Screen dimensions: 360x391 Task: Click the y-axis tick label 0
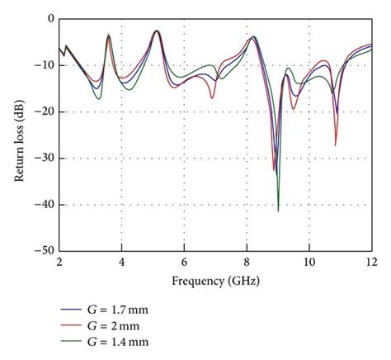pos(50,18)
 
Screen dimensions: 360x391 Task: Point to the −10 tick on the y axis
pos(45,64)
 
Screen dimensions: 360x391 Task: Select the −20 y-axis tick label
pos(45,111)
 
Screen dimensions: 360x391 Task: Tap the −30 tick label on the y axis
pos(45,158)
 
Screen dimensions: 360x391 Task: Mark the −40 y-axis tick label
pos(45,204)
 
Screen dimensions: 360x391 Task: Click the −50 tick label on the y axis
pos(45,250)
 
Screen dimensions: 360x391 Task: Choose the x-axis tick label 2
pos(59,262)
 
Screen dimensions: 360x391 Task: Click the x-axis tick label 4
pos(121,262)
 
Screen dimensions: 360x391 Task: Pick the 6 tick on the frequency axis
pos(184,262)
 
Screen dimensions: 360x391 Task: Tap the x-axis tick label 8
pos(247,262)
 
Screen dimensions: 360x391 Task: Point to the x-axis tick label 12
pos(371,262)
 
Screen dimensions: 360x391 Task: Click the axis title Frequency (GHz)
pos(215,281)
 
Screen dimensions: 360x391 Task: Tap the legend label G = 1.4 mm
pos(122,341)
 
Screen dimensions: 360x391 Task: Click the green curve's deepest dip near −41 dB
pos(278,211)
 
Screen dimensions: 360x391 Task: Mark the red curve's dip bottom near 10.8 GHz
pos(335,145)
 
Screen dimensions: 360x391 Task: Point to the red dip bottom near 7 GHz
pos(212,98)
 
